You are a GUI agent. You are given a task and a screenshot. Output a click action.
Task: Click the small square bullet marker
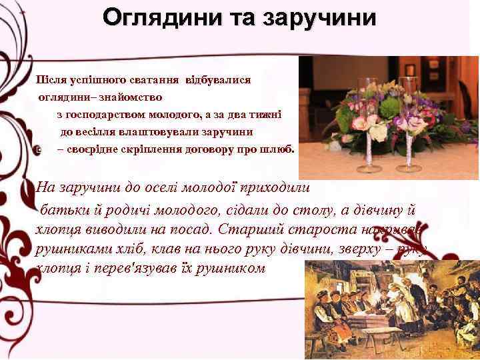(x=41, y=150)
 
